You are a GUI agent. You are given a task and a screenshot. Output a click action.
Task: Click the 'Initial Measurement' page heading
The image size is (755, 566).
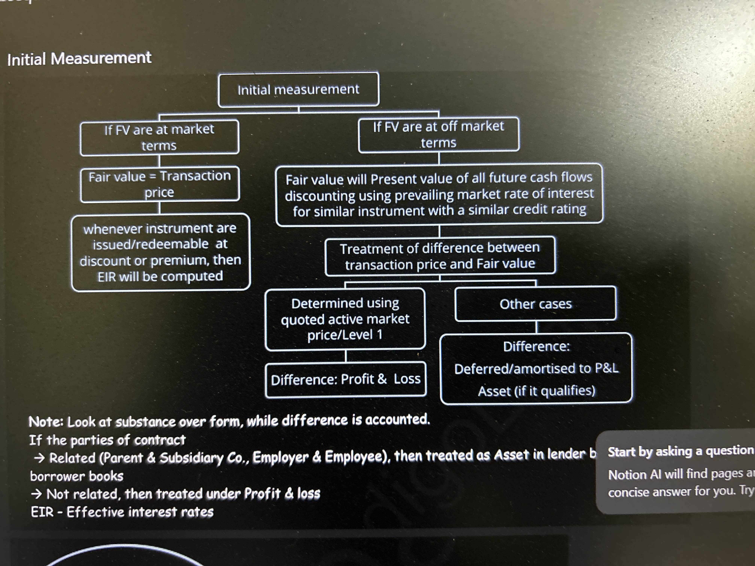[79, 59]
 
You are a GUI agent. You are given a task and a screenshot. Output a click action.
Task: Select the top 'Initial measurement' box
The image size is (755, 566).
[298, 90]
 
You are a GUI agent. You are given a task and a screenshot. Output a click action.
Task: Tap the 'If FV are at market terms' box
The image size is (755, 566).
[159, 138]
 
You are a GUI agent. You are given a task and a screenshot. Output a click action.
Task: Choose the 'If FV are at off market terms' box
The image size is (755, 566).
[439, 134]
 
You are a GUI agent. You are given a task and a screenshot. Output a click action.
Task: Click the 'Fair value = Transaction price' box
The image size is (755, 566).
[160, 184]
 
